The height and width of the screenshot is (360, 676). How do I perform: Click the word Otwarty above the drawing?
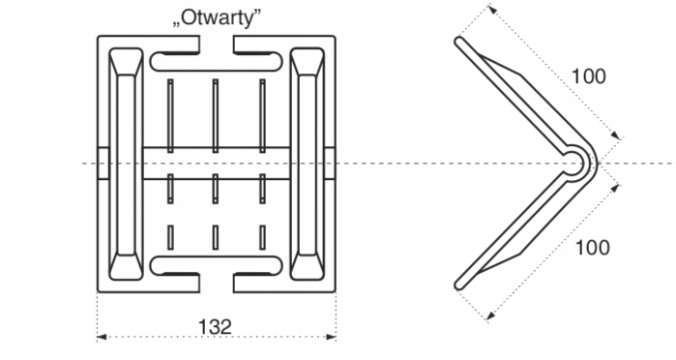(217, 17)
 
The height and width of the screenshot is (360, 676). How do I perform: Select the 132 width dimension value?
(215, 327)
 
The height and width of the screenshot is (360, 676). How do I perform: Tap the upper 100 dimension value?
(589, 76)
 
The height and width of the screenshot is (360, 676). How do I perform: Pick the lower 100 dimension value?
(593, 248)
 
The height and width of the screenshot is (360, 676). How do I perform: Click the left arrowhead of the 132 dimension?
(102, 337)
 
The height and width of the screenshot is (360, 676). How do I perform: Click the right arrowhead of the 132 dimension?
(331, 337)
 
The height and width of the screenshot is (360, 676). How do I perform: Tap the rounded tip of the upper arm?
(459, 42)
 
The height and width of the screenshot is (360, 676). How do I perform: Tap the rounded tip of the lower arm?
(459, 285)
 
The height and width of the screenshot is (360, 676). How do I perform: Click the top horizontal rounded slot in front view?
(216, 61)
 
